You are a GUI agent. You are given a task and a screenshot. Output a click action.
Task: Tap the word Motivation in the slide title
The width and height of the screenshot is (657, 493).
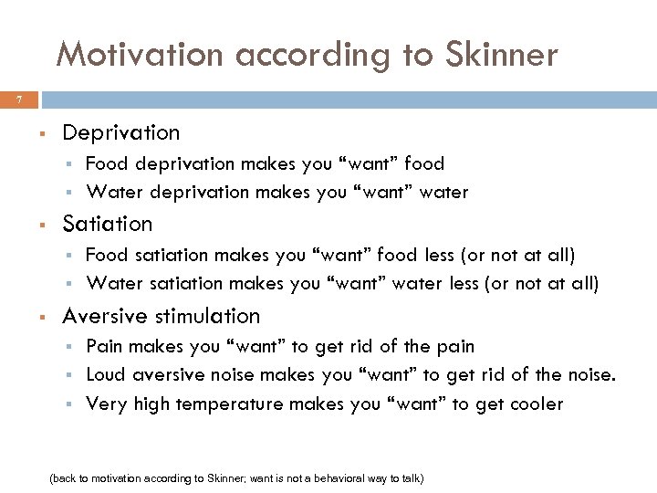point(138,56)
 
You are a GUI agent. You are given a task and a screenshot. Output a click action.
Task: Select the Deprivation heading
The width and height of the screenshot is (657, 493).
point(120,132)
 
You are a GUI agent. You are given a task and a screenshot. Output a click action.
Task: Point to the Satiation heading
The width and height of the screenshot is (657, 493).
point(107,224)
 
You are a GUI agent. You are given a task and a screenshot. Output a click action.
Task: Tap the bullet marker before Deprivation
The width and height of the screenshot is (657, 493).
point(42,133)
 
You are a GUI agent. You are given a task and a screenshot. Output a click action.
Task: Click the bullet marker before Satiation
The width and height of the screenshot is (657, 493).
point(42,225)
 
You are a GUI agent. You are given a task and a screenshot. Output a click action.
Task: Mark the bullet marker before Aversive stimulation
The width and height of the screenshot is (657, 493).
point(42,317)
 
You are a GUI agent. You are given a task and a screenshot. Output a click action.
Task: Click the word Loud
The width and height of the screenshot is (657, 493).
point(106,374)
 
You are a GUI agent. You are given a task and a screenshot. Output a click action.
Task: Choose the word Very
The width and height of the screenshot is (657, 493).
point(107,404)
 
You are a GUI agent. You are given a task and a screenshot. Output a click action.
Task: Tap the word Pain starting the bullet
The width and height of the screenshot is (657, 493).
point(105,346)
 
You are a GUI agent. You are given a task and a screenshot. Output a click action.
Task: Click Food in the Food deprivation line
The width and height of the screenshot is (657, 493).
point(106,163)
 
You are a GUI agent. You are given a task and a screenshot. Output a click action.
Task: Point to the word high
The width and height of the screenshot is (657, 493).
point(152,404)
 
